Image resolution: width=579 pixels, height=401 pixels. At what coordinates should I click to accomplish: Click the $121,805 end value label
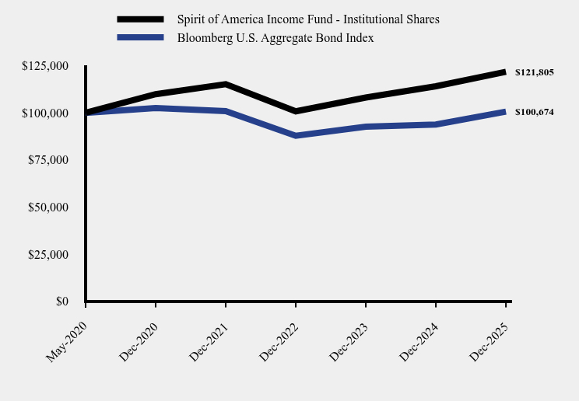pos(534,72)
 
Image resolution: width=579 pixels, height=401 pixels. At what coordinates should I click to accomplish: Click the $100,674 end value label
pos(534,112)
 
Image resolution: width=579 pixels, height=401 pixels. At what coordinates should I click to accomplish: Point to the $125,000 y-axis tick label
pos(46,66)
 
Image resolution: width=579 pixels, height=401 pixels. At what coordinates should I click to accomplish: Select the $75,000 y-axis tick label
pos(48,160)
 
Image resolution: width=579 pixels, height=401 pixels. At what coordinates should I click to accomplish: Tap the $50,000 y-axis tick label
pos(48,207)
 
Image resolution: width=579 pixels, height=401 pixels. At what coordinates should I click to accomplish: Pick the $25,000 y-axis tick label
pos(48,254)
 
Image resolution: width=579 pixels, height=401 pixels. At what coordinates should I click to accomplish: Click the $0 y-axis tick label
pos(61,302)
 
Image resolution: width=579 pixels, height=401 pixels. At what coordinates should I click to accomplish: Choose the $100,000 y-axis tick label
pos(46,113)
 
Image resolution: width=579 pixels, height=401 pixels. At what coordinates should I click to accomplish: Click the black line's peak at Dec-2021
pos(226,84)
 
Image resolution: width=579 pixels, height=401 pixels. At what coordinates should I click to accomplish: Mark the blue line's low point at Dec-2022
pos(296,136)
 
